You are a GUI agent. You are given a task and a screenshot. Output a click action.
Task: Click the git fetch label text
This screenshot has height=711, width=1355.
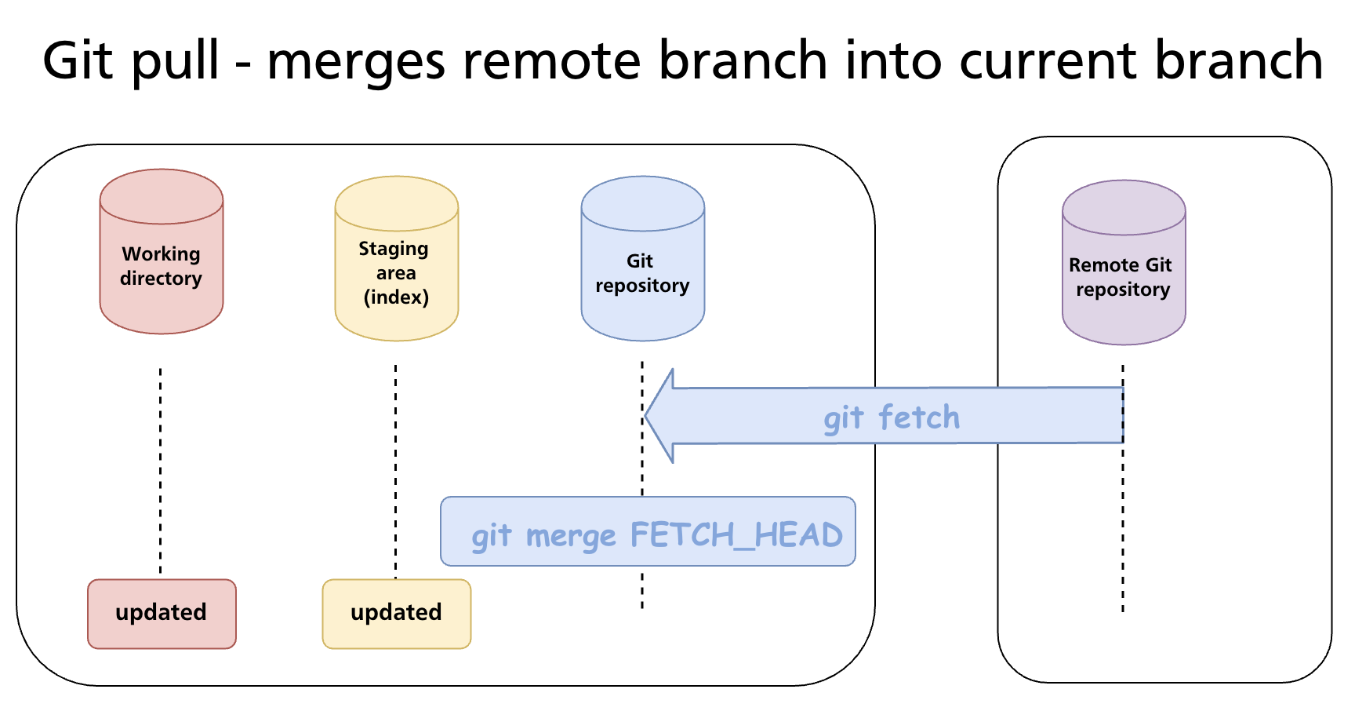(892, 417)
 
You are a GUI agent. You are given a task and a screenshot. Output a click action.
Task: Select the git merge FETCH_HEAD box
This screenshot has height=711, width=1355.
(648, 531)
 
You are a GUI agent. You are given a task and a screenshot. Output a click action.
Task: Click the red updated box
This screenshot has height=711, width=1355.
(162, 613)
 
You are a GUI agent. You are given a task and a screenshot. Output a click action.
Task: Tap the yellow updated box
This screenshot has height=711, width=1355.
(396, 613)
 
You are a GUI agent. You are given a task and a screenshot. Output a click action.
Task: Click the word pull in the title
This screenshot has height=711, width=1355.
(175, 61)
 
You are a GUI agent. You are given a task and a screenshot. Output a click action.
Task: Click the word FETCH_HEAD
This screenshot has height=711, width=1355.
(736, 535)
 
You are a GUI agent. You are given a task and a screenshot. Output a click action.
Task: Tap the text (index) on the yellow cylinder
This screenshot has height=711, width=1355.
(396, 297)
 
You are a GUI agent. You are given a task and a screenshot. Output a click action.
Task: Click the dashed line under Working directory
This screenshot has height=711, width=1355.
(161, 471)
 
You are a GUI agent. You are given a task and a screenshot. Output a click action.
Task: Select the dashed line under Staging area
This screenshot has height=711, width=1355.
(395, 471)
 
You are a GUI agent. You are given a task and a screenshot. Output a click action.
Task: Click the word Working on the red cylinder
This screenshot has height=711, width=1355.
(161, 254)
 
